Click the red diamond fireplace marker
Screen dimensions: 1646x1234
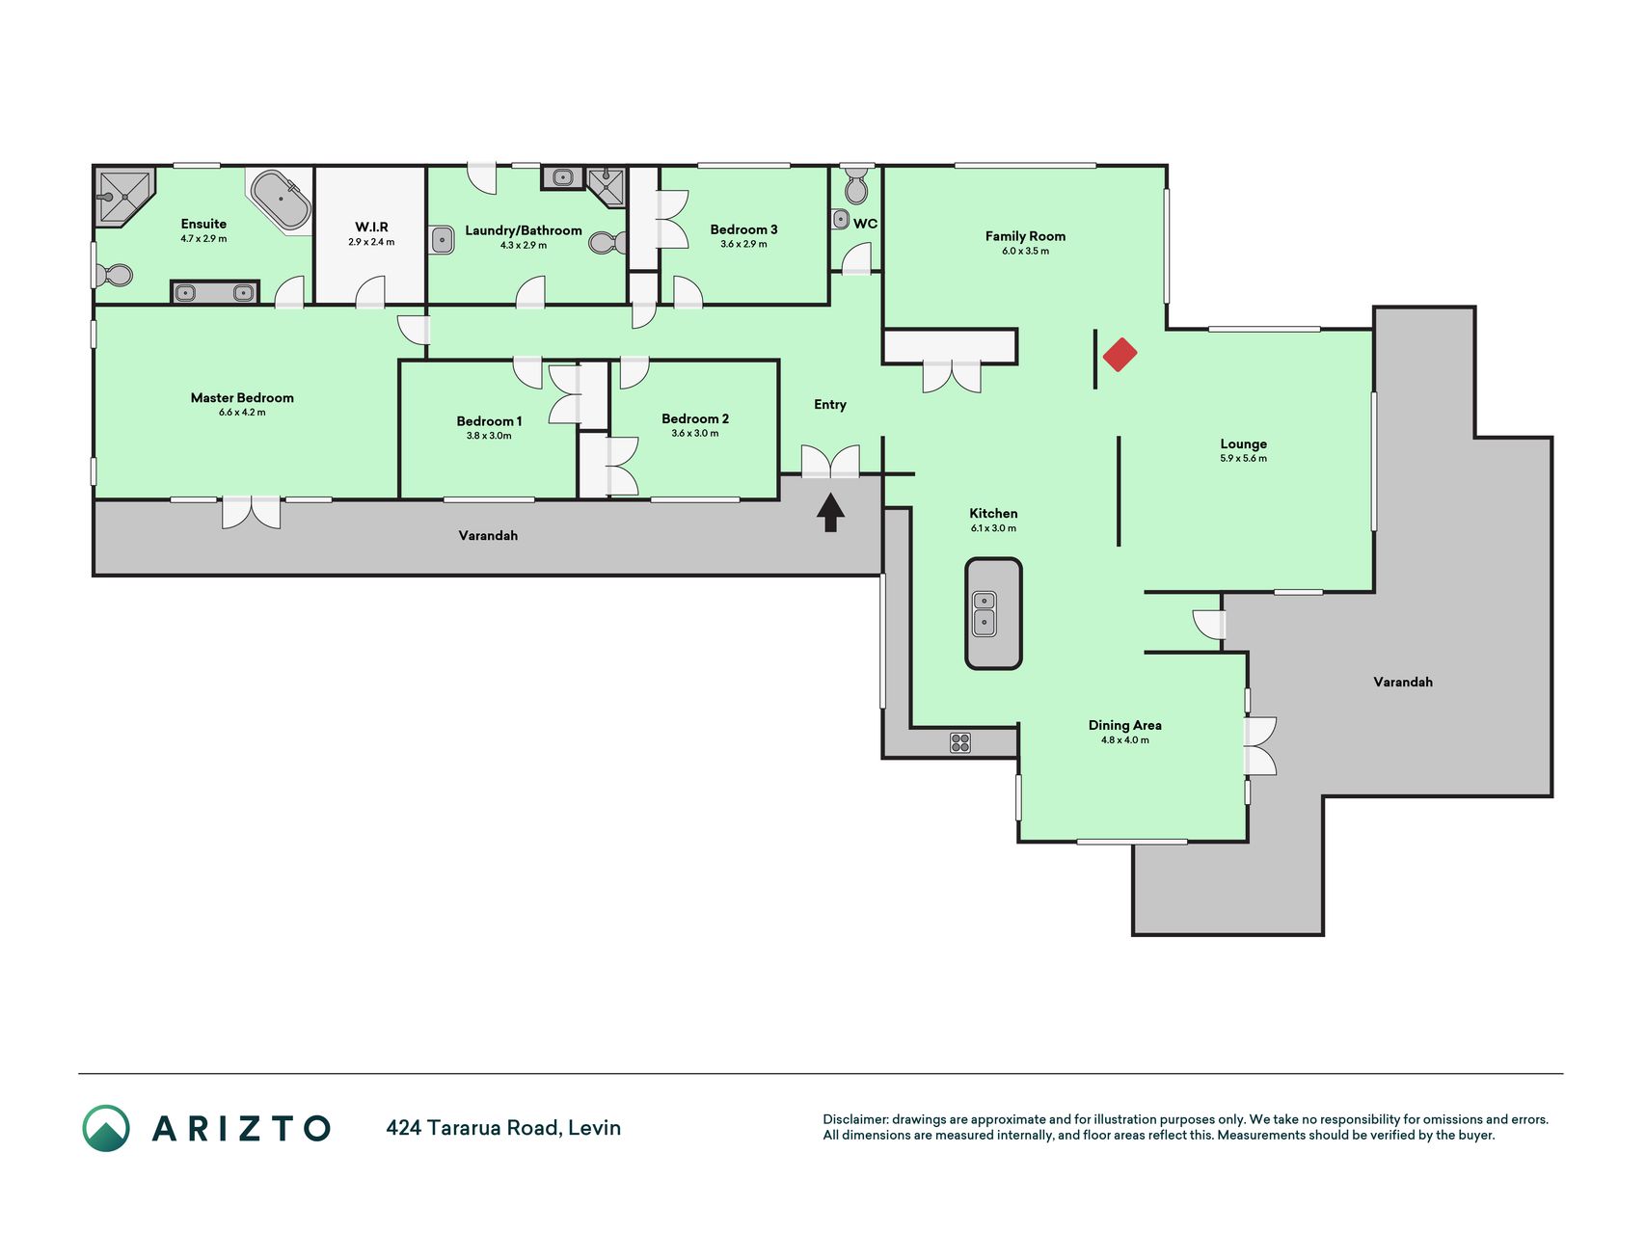point(1120,354)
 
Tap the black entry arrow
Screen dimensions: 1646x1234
point(830,512)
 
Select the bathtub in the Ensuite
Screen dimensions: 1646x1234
point(281,200)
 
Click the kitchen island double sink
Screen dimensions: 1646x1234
point(984,613)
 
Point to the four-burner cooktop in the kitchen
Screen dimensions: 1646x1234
point(960,742)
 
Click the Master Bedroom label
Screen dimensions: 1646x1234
point(242,397)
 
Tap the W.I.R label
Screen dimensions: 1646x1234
point(371,228)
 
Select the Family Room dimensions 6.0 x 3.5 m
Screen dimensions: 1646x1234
point(1025,251)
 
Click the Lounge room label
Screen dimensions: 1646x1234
point(1244,443)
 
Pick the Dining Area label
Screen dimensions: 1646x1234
point(1125,725)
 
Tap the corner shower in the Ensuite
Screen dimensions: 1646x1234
point(123,198)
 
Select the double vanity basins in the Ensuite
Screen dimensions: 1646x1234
point(214,292)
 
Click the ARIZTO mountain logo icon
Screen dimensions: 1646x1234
point(106,1128)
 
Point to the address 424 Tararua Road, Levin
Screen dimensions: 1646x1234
point(503,1128)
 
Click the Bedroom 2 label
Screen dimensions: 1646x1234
point(695,418)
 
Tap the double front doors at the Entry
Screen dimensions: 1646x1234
point(830,461)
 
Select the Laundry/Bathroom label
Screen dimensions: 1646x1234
point(524,230)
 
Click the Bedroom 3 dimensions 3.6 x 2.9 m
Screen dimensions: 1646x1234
point(743,244)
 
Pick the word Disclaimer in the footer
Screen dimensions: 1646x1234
point(854,1119)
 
